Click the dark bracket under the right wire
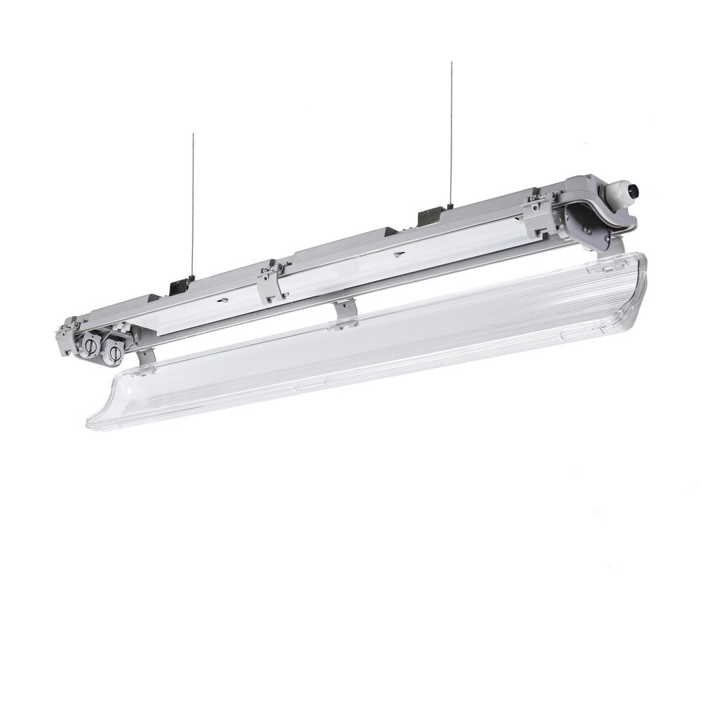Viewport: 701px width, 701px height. [x=430, y=217]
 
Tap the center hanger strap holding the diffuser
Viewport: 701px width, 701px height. [x=344, y=311]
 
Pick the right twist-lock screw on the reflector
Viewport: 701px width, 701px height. [x=397, y=254]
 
